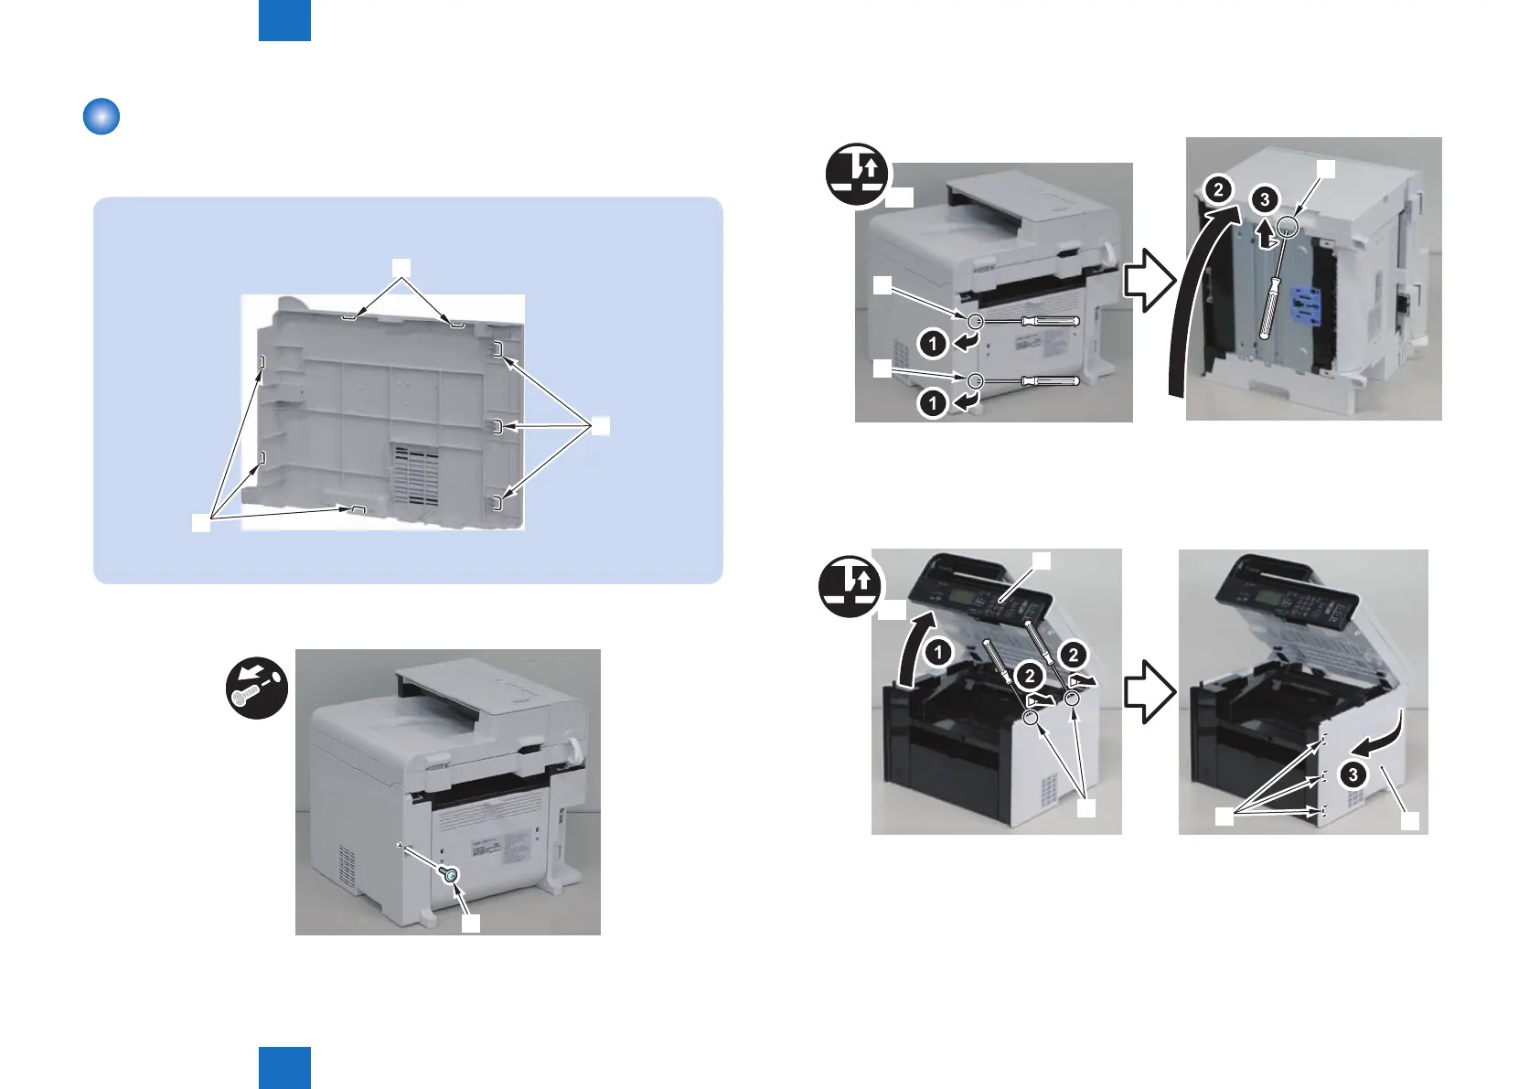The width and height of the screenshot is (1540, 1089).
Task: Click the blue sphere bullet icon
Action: (x=102, y=118)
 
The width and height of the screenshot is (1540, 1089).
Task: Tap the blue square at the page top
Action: (x=284, y=20)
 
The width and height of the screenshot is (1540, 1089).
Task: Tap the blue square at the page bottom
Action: (x=284, y=1068)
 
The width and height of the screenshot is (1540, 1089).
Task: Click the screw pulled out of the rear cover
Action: (x=450, y=875)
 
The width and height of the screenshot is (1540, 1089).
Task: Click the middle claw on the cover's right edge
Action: (x=497, y=426)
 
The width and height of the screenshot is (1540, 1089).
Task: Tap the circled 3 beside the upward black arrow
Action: (x=1265, y=199)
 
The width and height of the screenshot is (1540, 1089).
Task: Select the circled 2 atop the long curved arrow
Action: (x=1217, y=190)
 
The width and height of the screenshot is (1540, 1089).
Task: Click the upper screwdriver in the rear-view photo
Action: (x=1049, y=321)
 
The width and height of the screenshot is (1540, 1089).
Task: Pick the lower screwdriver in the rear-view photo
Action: (x=1049, y=380)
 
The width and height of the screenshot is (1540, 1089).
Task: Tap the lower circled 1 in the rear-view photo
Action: (x=933, y=402)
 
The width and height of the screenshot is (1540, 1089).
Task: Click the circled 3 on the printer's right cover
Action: (x=1353, y=774)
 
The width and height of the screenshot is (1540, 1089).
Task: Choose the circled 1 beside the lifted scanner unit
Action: (x=938, y=652)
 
